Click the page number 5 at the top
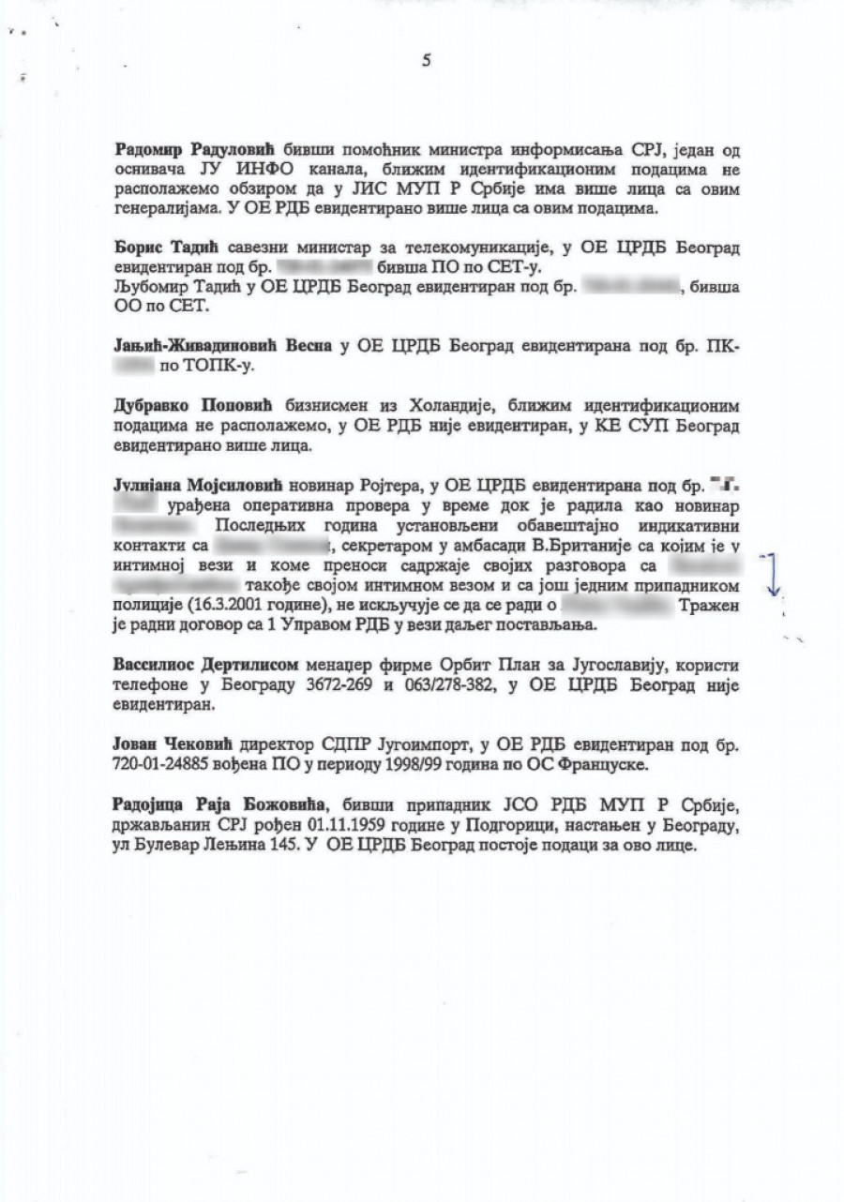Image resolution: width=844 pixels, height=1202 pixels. pos(427,61)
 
